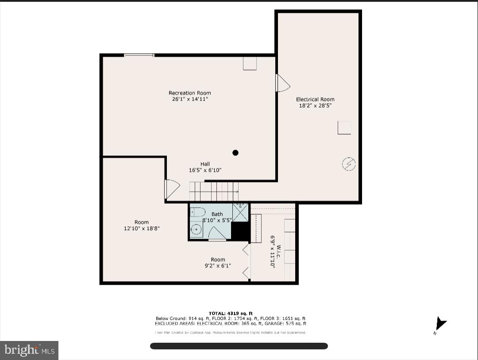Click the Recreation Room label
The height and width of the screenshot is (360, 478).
coord(189,93)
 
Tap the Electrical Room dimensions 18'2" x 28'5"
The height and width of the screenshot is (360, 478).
coord(315,106)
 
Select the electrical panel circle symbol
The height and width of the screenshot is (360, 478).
coord(349,164)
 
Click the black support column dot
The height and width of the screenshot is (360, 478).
coord(235,153)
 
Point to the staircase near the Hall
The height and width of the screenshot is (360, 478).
coord(214,192)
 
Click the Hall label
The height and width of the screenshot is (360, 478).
coord(205,164)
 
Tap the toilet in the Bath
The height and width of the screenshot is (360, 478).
coord(198,212)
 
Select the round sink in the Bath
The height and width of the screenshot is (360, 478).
coord(196,229)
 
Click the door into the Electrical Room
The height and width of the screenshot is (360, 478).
coord(282,83)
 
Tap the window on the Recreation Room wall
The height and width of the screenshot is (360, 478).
coord(139,55)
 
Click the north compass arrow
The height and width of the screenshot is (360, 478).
coord(441,324)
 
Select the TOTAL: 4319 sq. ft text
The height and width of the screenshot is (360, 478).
coord(231,314)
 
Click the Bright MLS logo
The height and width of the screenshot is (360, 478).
coord(29,350)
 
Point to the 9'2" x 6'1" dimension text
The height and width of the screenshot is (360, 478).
coord(218,266)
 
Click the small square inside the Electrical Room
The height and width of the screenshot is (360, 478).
coord(344,128)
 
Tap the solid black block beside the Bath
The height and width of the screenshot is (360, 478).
coord(240,231)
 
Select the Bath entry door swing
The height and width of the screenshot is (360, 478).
coord(217,233)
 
